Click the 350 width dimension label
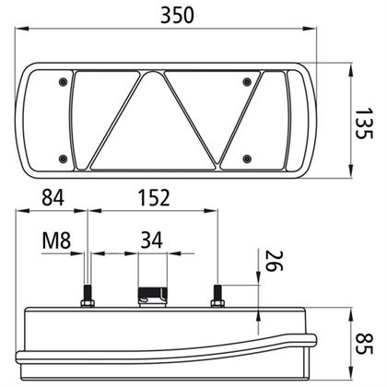tap(177, 16)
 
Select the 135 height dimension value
tap(364, 123)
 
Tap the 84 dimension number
tap(53, 197)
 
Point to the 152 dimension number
tap(154, 197)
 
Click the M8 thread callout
tap(56, 240)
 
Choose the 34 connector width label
tap(151, 240)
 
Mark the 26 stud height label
tap(274, 261)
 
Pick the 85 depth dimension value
tap(364, 343)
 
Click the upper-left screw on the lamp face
tap(63, 82)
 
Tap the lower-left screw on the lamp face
tap(63, 158)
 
